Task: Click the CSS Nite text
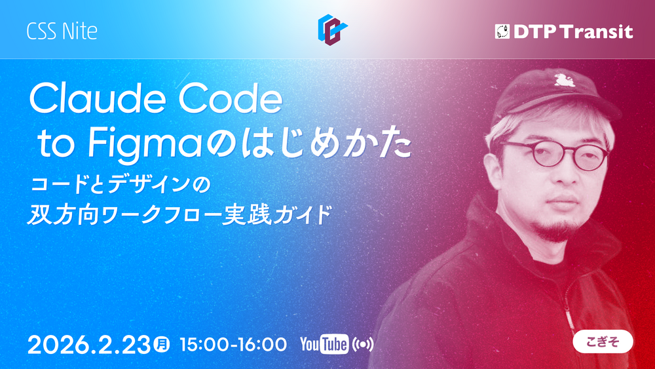click(x=62, y=31)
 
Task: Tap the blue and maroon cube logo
click(x=333, y=29)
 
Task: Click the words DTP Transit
click(x=573, y=31)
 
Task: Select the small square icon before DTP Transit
click(x=502, y=31)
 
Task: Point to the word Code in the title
click(x=230, y=98)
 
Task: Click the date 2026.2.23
click(x=89, y=345)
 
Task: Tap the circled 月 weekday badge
click(x=161, y=344)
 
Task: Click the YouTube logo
click(x=324, y=344)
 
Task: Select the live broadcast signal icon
click(x=363, y=345)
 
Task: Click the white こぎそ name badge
click(x=603, y=341)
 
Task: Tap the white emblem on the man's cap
click(x=565, y=80)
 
